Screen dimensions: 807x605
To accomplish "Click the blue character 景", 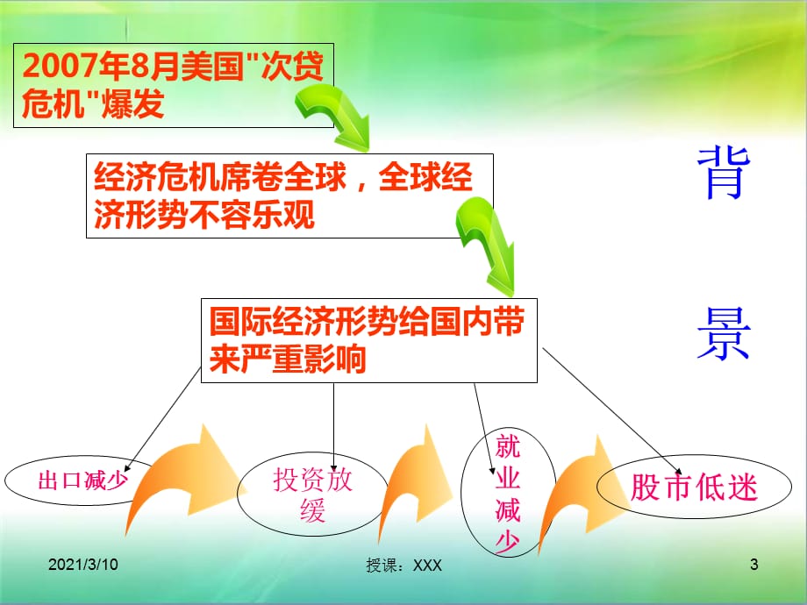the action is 724,333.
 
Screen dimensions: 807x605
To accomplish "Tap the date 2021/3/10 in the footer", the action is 82,565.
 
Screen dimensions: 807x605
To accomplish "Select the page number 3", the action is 754,565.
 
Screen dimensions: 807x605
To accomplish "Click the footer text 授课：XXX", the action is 403,566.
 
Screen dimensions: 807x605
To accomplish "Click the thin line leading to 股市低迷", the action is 612,411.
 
